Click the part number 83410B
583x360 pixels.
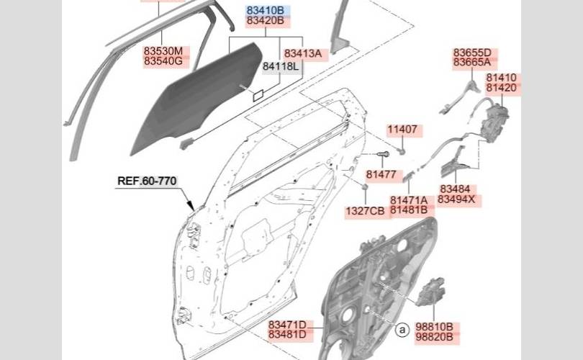[266, 10]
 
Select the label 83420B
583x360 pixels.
[266, 20]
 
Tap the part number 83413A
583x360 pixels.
[303, 53]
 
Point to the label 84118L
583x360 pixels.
[281, 66]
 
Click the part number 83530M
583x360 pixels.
[163, 50]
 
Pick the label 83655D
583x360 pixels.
[472, 53]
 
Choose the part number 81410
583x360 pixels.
[502, 78]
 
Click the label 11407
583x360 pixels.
[402, 130]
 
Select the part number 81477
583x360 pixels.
[381, 174]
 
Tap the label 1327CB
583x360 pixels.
[365, 211]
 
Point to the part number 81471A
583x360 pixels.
[409, 200]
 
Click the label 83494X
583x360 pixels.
[456, 199]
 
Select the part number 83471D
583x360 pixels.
[287, 325]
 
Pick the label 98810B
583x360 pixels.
[434, 327]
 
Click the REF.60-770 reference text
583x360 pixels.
[147, 181]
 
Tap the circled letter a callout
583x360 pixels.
[402, 330]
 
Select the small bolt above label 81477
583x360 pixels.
[383, 154]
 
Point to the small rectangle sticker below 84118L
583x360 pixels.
[258, 95]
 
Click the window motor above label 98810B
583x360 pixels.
[431, 292]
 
